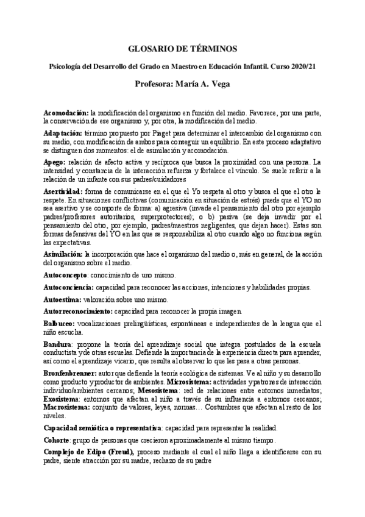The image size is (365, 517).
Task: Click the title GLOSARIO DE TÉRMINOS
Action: pyautogui.click(x=183, y=49)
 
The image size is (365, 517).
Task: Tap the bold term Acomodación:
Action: pyautogui.click(x=66, y=113)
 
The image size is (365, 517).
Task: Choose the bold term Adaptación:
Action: pyautogui.click(x=63, y=132)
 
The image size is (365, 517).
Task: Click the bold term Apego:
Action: pyautogui.click(x=56, y=162)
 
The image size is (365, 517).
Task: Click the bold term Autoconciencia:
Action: pyautogui.click(x=69, y=287)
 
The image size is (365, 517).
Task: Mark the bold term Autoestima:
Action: pyautogui.click(x=63, y=299)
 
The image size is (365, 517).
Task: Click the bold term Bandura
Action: pyautogui.click(x=58, y=345)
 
